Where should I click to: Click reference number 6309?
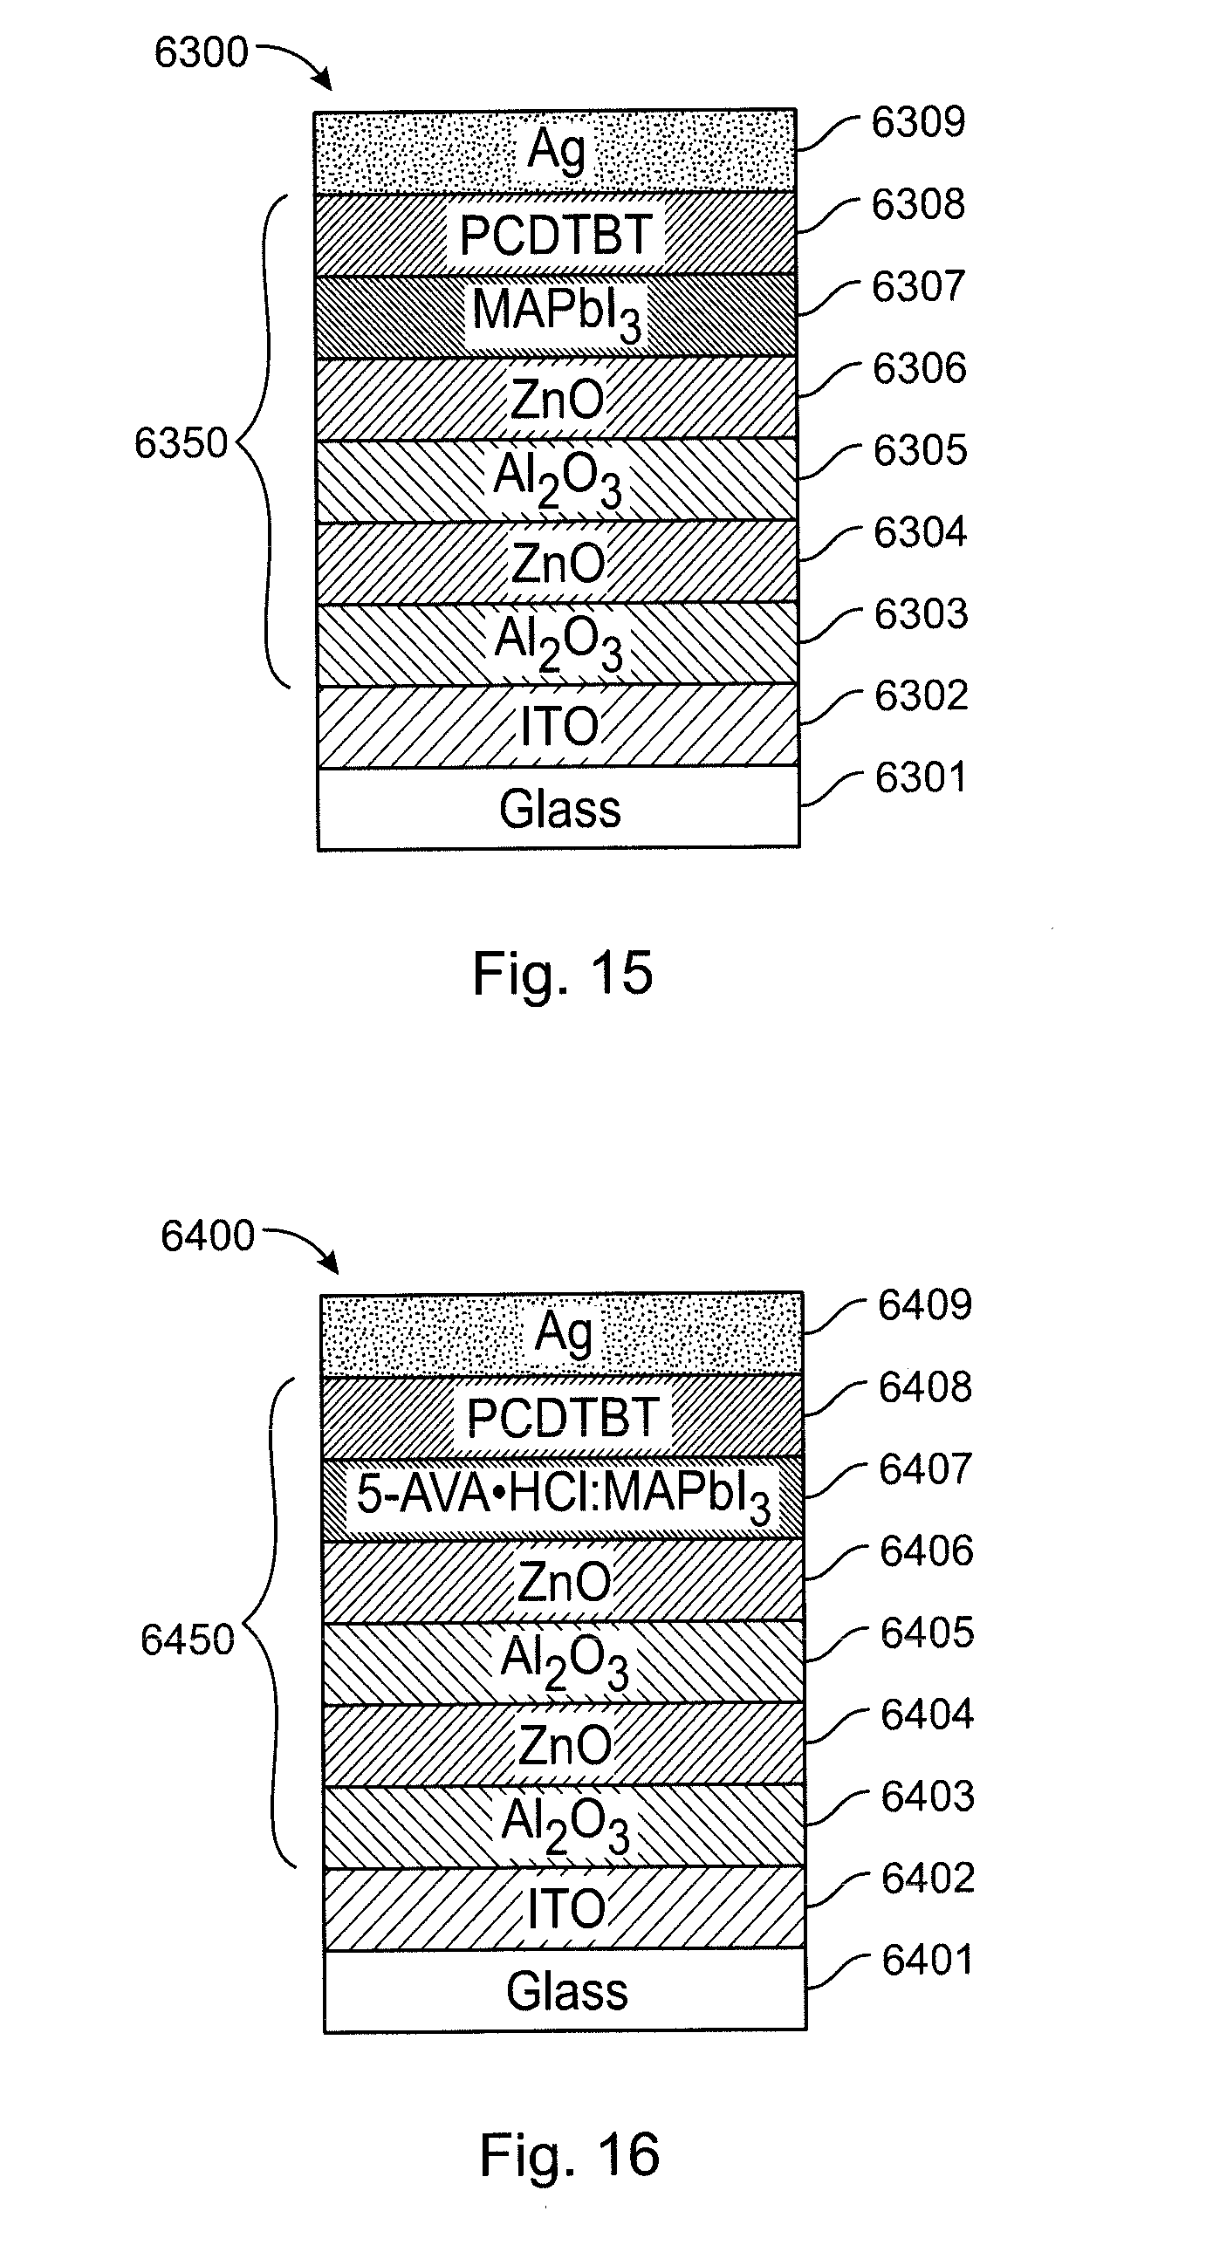(918, 121)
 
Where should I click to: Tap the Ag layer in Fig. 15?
(555, 151)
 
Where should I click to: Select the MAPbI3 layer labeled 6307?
(556, 316)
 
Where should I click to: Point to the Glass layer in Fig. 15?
(558, 808)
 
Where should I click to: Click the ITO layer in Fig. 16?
(564, 1906)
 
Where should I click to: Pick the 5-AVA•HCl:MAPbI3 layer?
(562, 1496)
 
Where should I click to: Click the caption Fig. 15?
(562, 973)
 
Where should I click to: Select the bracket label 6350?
(181, 443)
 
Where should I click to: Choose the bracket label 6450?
(188, 1640)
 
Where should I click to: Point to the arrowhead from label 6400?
(331, 1264)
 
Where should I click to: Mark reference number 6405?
(927, 1633)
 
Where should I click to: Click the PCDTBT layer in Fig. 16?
(562, 1416)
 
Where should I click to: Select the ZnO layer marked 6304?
(557, 562)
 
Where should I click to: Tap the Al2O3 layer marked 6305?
(557, 480)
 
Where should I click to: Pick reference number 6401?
(928, 1961)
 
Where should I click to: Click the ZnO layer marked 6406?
(563, 1580)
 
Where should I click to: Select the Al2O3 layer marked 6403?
(564, 1825)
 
